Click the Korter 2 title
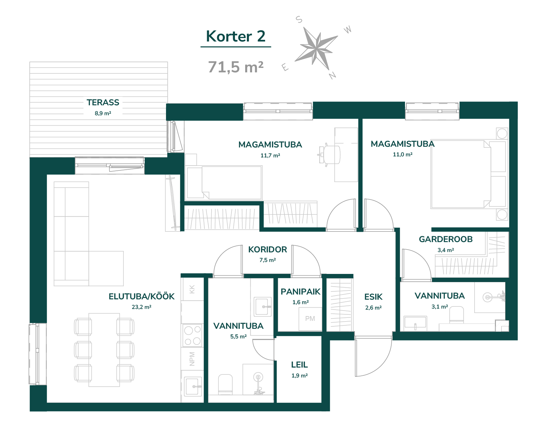(x=236, y=36)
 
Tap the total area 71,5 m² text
(x=236, y=67)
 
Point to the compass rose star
(x=316, y=48)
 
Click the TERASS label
(x=103, y=103)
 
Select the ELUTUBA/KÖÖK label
(x=141, y=296)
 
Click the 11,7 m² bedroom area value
(x=270, y=156)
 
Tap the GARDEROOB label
(x=446, y=239)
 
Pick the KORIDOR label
(x=267, y=249)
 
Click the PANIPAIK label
(x=300, y=292)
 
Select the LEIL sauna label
(x=299, y=364)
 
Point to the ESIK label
(x=373, y=297)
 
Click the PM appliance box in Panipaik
(x=310, y=319)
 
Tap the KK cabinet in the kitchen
(x=192, y=289)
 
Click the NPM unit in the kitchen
(x=192, y=359)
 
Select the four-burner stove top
(x=192, y=335)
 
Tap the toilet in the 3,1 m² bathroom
(x=456, y=314)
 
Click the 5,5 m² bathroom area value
(x=238, y=337)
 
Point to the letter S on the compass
(x=299, y=20)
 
